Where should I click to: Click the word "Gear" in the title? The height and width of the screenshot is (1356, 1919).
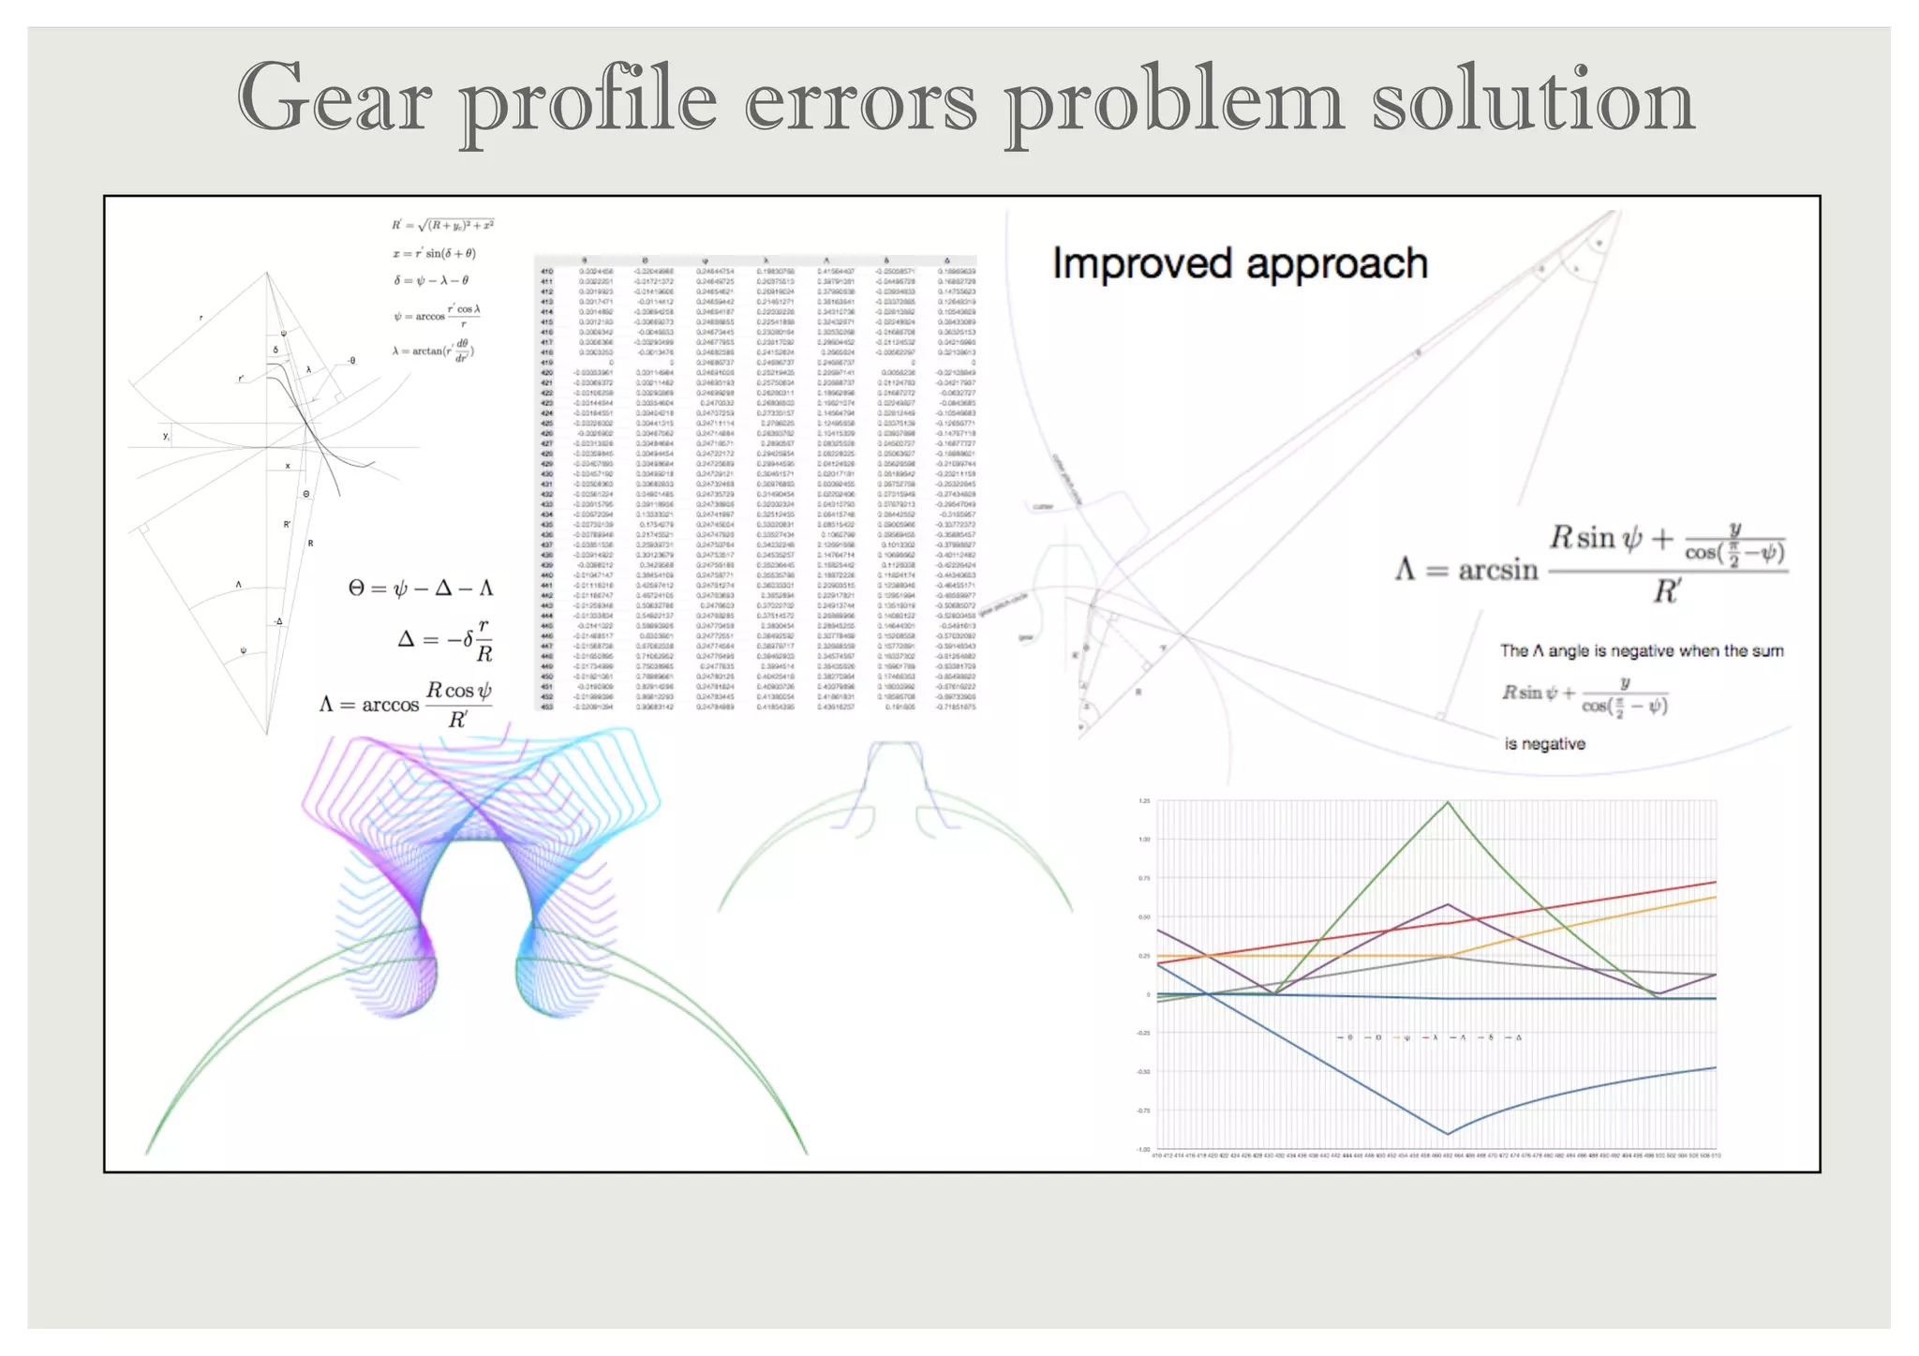pos(334,98)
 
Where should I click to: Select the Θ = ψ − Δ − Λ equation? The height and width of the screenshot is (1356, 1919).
pos(420,589)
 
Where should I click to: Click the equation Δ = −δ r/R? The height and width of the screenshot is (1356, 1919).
pos(445,640)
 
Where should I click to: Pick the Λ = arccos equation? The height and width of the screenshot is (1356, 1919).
pos(406,704)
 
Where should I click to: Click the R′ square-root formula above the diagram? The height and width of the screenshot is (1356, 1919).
pos(442,225)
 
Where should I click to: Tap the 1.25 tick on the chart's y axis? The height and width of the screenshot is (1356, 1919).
pos(1144,801)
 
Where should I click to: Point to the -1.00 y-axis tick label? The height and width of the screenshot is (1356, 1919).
pos(1143,1149)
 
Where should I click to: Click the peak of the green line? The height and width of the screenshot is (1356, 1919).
pos(1448,802)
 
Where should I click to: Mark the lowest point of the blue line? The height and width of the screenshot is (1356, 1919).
pos(1448,1134)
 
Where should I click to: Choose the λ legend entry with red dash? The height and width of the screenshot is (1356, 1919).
pos(1430,1037)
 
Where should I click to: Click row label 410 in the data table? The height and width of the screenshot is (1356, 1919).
pos(546,272)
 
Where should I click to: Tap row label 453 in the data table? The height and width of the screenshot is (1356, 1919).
pos(546,708)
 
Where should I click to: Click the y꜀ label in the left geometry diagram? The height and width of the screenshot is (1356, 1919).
pos(167,436)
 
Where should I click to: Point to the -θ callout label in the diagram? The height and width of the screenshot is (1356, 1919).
pos(350,361)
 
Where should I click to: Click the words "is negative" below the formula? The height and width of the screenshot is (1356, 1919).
pos(1544,744)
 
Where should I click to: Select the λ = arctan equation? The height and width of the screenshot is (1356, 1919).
pos(433,351)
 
